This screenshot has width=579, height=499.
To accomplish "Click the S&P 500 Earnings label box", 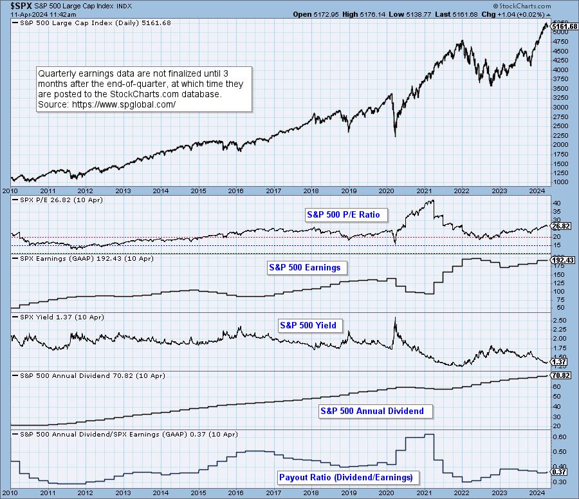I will click(304, 267).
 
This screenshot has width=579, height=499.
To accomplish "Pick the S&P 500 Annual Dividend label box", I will click(372, 411).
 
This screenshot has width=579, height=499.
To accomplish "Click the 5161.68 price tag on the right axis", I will click(564, 26).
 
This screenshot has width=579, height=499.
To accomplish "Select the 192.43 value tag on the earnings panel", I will click(562, 259).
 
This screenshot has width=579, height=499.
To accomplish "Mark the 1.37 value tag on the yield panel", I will click(558, 362).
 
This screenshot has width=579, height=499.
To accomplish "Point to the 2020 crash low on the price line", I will click(395, 137).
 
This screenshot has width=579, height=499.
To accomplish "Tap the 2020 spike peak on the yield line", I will click(395, 318).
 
